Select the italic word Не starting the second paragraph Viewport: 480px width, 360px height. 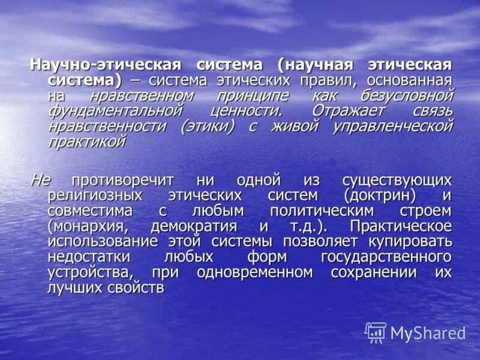[x=41, y=180]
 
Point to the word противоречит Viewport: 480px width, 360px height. [x=123, y=180]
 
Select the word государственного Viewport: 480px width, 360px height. [x=386, y=257]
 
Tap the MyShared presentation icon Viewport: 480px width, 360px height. [x=376, y=332]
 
